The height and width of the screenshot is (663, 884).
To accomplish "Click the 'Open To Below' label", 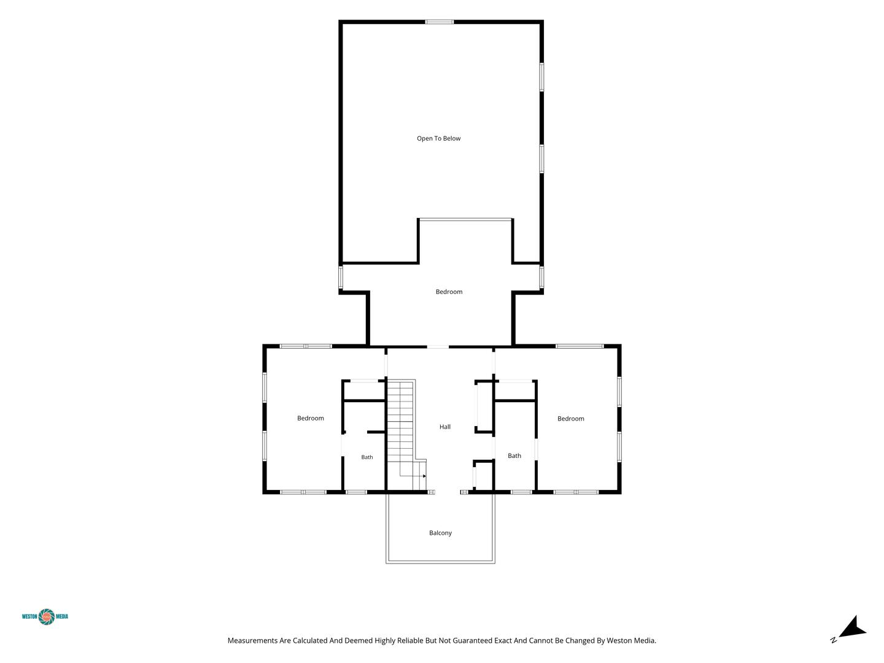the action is tap(438, 139).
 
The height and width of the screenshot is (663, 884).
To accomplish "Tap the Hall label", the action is tap(444, 427).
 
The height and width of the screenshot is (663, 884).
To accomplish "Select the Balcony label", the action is tap(440, 533).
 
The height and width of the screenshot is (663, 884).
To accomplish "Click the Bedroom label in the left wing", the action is tap(311, 418).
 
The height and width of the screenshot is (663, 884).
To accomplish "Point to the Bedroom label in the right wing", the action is tap(571, 419).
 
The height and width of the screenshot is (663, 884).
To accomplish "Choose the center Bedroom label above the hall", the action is tap(449, 292).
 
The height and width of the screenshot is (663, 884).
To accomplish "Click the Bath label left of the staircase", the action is tap(367, 457).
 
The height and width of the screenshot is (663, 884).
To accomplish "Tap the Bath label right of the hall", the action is tap(514, 456).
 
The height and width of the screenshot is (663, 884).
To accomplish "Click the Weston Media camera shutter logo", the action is tap(47, 617).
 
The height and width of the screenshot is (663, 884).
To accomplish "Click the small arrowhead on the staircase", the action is tap(424, 476).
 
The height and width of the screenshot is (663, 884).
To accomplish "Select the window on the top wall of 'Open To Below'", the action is tap(440, 22).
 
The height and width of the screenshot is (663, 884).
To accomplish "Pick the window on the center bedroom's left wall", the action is tap(341, 277).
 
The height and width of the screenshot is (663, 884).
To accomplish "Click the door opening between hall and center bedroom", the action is tap(438, 347).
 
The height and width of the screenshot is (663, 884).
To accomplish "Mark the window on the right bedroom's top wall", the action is tap(580, 346).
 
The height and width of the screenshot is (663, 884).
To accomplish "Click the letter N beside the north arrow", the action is tap(833, 640).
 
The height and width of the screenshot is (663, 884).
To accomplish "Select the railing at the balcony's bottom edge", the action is tap(440, 562).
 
